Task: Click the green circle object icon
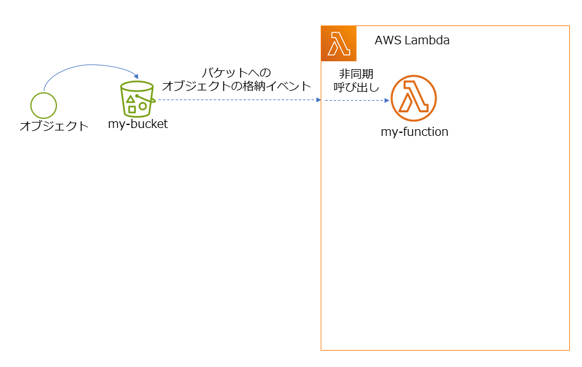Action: pyautogui.click(x=44, y=105)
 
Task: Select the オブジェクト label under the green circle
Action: pyautogui.click(x=54, y=126)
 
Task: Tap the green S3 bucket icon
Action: pyautogui.click(x=137, y=99)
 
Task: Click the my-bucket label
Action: pyautogui.click(x=138, y=124)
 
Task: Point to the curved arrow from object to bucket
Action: pyautogui.click(x=85, y=66)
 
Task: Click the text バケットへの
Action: pyautogui.click(x=236, y=73)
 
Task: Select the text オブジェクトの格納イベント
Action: pyautogui.click(x=236, y=86)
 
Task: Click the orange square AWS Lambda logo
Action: pyautogui.click(x=339, y=43)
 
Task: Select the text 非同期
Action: pyautogui.click(x=352, y=74)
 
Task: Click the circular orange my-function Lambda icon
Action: pyautogui.click(x=413, y=98)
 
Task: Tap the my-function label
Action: pyautogui.click(x=414, y=132)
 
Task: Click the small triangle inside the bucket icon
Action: pyautogui.click(x=130, y=98)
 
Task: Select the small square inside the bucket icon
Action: pyautogui.click(x=132, y=109)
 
